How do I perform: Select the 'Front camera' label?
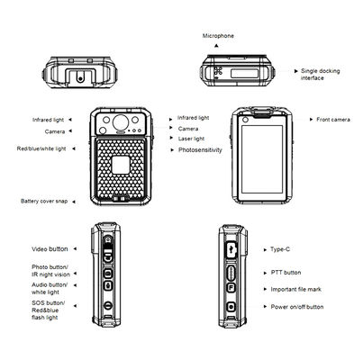[334, 119]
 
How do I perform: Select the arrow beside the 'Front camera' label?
[302, 119]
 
